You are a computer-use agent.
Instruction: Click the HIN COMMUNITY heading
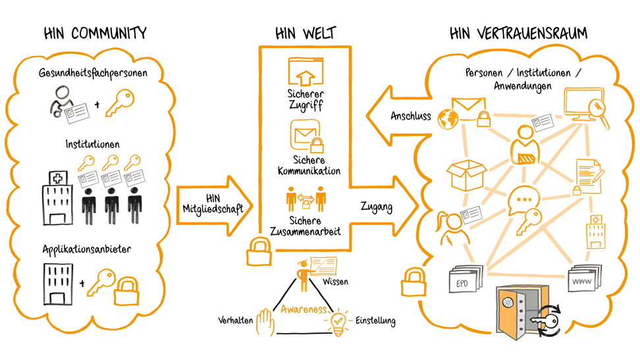point(95,33)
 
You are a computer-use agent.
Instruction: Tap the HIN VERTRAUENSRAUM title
point(518,33)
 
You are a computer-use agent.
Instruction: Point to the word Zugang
point(377,207)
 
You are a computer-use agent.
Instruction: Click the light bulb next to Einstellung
point(338,322)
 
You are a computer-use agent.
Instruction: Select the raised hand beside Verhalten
point(265,322)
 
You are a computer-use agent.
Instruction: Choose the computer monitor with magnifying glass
point(585,107)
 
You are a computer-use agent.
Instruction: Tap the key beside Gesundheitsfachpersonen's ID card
point(121,103)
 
